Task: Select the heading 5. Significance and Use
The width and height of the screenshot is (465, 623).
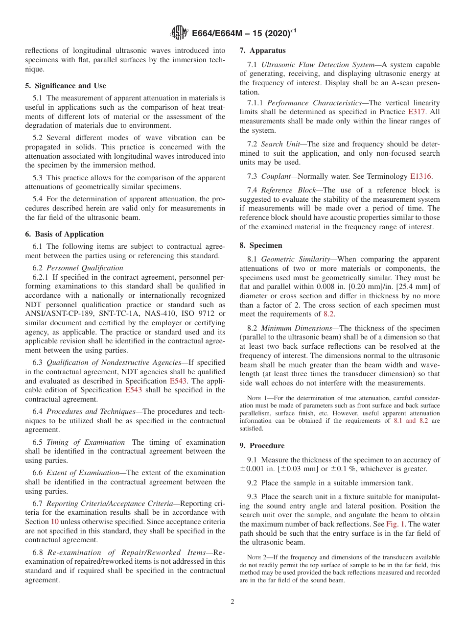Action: click(x=66, y=86)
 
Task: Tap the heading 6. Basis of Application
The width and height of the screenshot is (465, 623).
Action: click(x=64, y=234)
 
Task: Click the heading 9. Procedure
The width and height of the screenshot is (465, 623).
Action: click(x=262, y=446)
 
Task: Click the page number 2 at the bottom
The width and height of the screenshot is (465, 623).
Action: click(x=232, y=602)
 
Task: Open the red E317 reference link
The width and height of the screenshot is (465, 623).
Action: click(x=417, y=112)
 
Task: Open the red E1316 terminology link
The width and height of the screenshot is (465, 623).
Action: click(x=420, y=176)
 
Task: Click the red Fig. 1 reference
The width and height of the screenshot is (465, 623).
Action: click(x=395, y=524)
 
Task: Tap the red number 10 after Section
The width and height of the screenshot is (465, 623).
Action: click(x=55, y=522)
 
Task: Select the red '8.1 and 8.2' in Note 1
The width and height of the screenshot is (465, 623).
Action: click(x=411, y=421)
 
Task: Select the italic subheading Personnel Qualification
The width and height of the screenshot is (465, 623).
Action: click(x=85, y=268)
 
